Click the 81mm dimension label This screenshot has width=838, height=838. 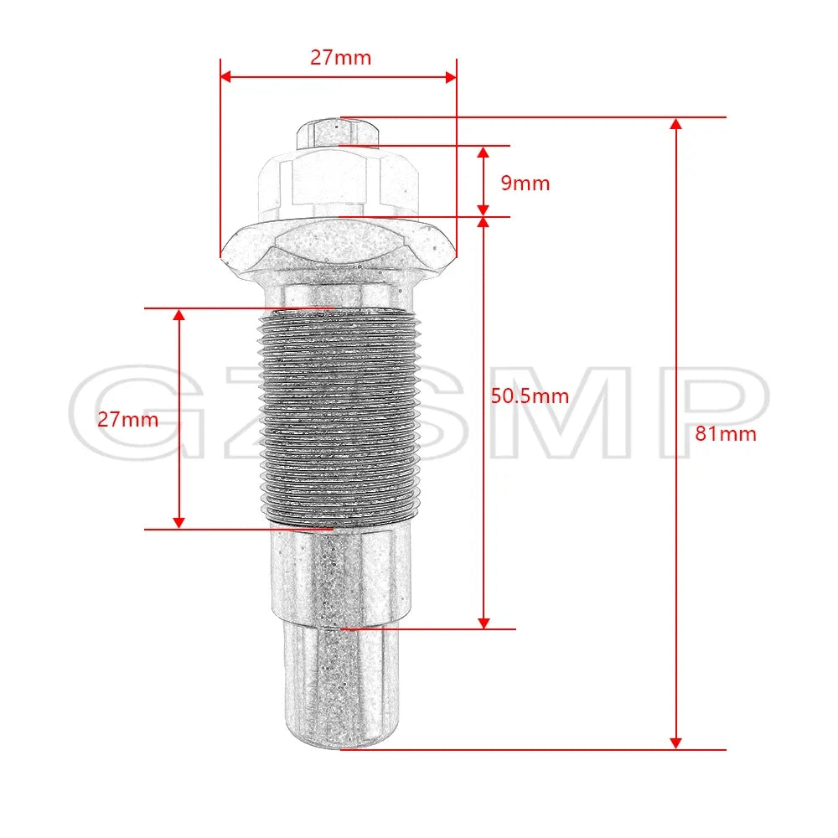click(x=725, y=433)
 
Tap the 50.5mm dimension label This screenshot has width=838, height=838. click(x=530, y=396)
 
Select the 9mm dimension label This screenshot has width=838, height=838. click(x=525, y=184)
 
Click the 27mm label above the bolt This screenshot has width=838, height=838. click(x=340, y=58)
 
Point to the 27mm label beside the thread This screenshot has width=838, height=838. click(x=127, y=420)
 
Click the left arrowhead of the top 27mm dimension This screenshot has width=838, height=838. click(x=225, y=77)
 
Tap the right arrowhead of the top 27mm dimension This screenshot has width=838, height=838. click(x=451, y=77)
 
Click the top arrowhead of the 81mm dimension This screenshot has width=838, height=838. click(x=675, y=123)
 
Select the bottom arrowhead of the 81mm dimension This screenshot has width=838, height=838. click(x=675, y=742)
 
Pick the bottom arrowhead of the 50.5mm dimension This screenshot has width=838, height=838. click(x=484, y=623)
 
